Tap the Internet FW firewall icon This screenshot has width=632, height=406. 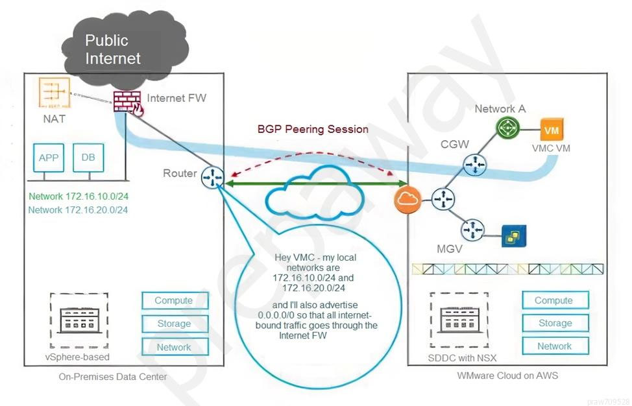click(125, 102)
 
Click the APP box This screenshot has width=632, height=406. click(49, 158)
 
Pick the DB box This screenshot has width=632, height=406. click(88, 158)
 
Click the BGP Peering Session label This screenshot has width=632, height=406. click(313, 129)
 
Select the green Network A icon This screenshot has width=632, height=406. click(505, 128)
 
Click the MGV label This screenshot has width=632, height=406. click(450, 249)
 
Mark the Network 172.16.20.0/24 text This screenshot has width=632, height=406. click(78, 209)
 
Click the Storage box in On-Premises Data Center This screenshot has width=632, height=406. click(174, 324)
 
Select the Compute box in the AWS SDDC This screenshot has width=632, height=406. click(553, 300)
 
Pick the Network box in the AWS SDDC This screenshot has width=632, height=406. click(553, 346)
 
